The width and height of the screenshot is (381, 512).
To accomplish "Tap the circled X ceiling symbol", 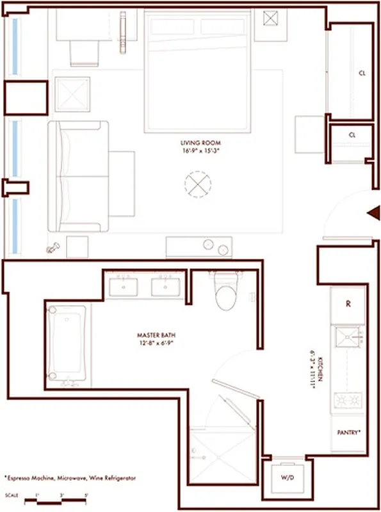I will (x=197, y=185).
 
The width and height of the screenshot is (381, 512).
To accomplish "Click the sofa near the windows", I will (x=75, y=177).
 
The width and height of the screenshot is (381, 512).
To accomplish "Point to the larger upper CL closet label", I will (x=362, y=74).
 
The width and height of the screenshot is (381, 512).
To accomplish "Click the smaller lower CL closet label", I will (x=352, y=136).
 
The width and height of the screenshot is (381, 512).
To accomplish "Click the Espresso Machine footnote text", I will (x=70, y=478).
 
